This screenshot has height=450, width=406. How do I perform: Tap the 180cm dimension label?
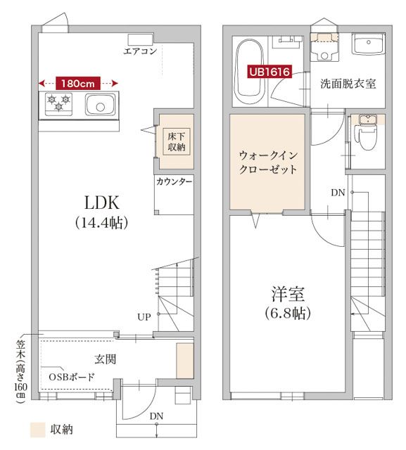click(77, 82)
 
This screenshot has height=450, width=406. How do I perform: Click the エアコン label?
click(140, 51)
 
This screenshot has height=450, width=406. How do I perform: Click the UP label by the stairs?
click(144, 316)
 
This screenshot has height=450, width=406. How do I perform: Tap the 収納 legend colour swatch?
click(38, 428)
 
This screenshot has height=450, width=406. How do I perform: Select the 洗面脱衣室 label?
click(348, 84)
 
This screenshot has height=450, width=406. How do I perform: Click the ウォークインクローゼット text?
click(267, 162)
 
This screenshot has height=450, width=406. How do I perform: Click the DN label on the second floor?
click(338, 193)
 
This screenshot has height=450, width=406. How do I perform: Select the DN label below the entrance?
click(156, 416)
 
